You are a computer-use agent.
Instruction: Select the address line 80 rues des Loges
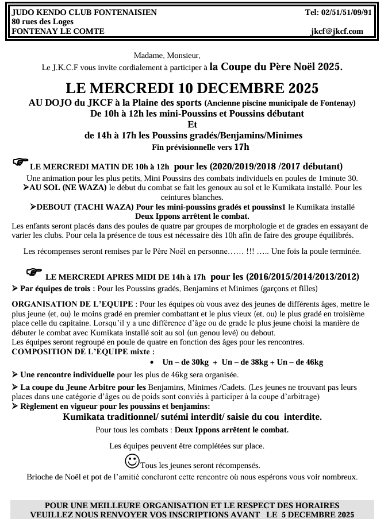click(x=43, y=22)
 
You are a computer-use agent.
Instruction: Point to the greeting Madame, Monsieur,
click(x=167, y=56)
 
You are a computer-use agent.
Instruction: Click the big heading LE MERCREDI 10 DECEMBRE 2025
click(x=192, y=89)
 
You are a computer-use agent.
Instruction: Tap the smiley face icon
click(x=132, y=461)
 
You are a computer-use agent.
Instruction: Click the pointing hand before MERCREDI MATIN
click(x=20, y=163)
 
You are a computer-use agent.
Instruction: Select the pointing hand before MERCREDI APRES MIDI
click(x=34, y=271)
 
